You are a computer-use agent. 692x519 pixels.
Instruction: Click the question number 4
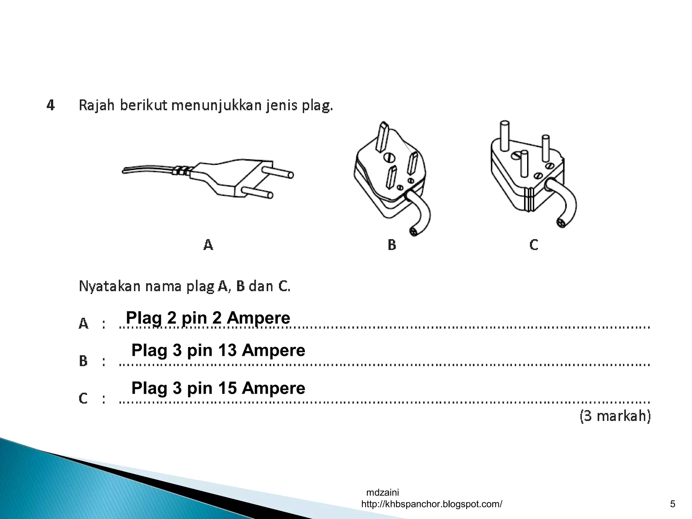pos(51,106)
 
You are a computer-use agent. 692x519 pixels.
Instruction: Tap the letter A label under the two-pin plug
pos(208,244)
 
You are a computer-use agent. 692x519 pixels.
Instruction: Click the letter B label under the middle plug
pos(392,244)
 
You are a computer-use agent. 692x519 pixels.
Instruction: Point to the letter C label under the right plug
pos(534,244)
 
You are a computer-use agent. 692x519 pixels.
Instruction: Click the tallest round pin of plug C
pos(504,136)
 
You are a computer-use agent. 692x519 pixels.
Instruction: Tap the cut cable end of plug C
pos(561,223)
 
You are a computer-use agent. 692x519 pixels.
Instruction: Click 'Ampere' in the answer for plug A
pos(258,318)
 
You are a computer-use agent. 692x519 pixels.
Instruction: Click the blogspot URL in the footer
pos(431,504)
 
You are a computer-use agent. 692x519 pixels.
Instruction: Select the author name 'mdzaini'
pos(382,492)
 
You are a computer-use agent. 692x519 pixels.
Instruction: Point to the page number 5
pos(672,504)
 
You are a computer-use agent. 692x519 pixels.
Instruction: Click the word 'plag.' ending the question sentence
pos(318,106)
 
